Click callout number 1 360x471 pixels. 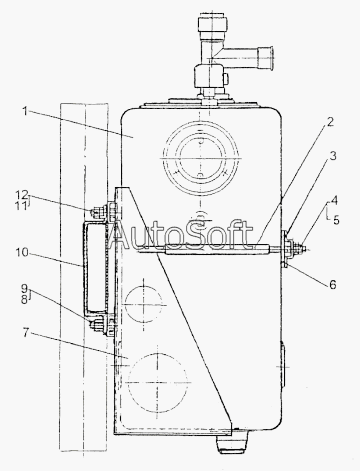click(x=25, y=111)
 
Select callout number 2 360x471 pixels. click(x=329, y=122)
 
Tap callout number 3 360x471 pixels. click(x=333, y=156)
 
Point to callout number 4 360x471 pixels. click(x=334, y=201)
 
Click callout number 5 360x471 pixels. click(x=336, y=220)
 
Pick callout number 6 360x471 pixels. click(x=333, y=284)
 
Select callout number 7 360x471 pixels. click(x=26, y=332)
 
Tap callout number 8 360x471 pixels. click(x=24, y=300)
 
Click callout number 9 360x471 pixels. click(x=24, y=288)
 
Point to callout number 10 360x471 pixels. click(x=22, y=252)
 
